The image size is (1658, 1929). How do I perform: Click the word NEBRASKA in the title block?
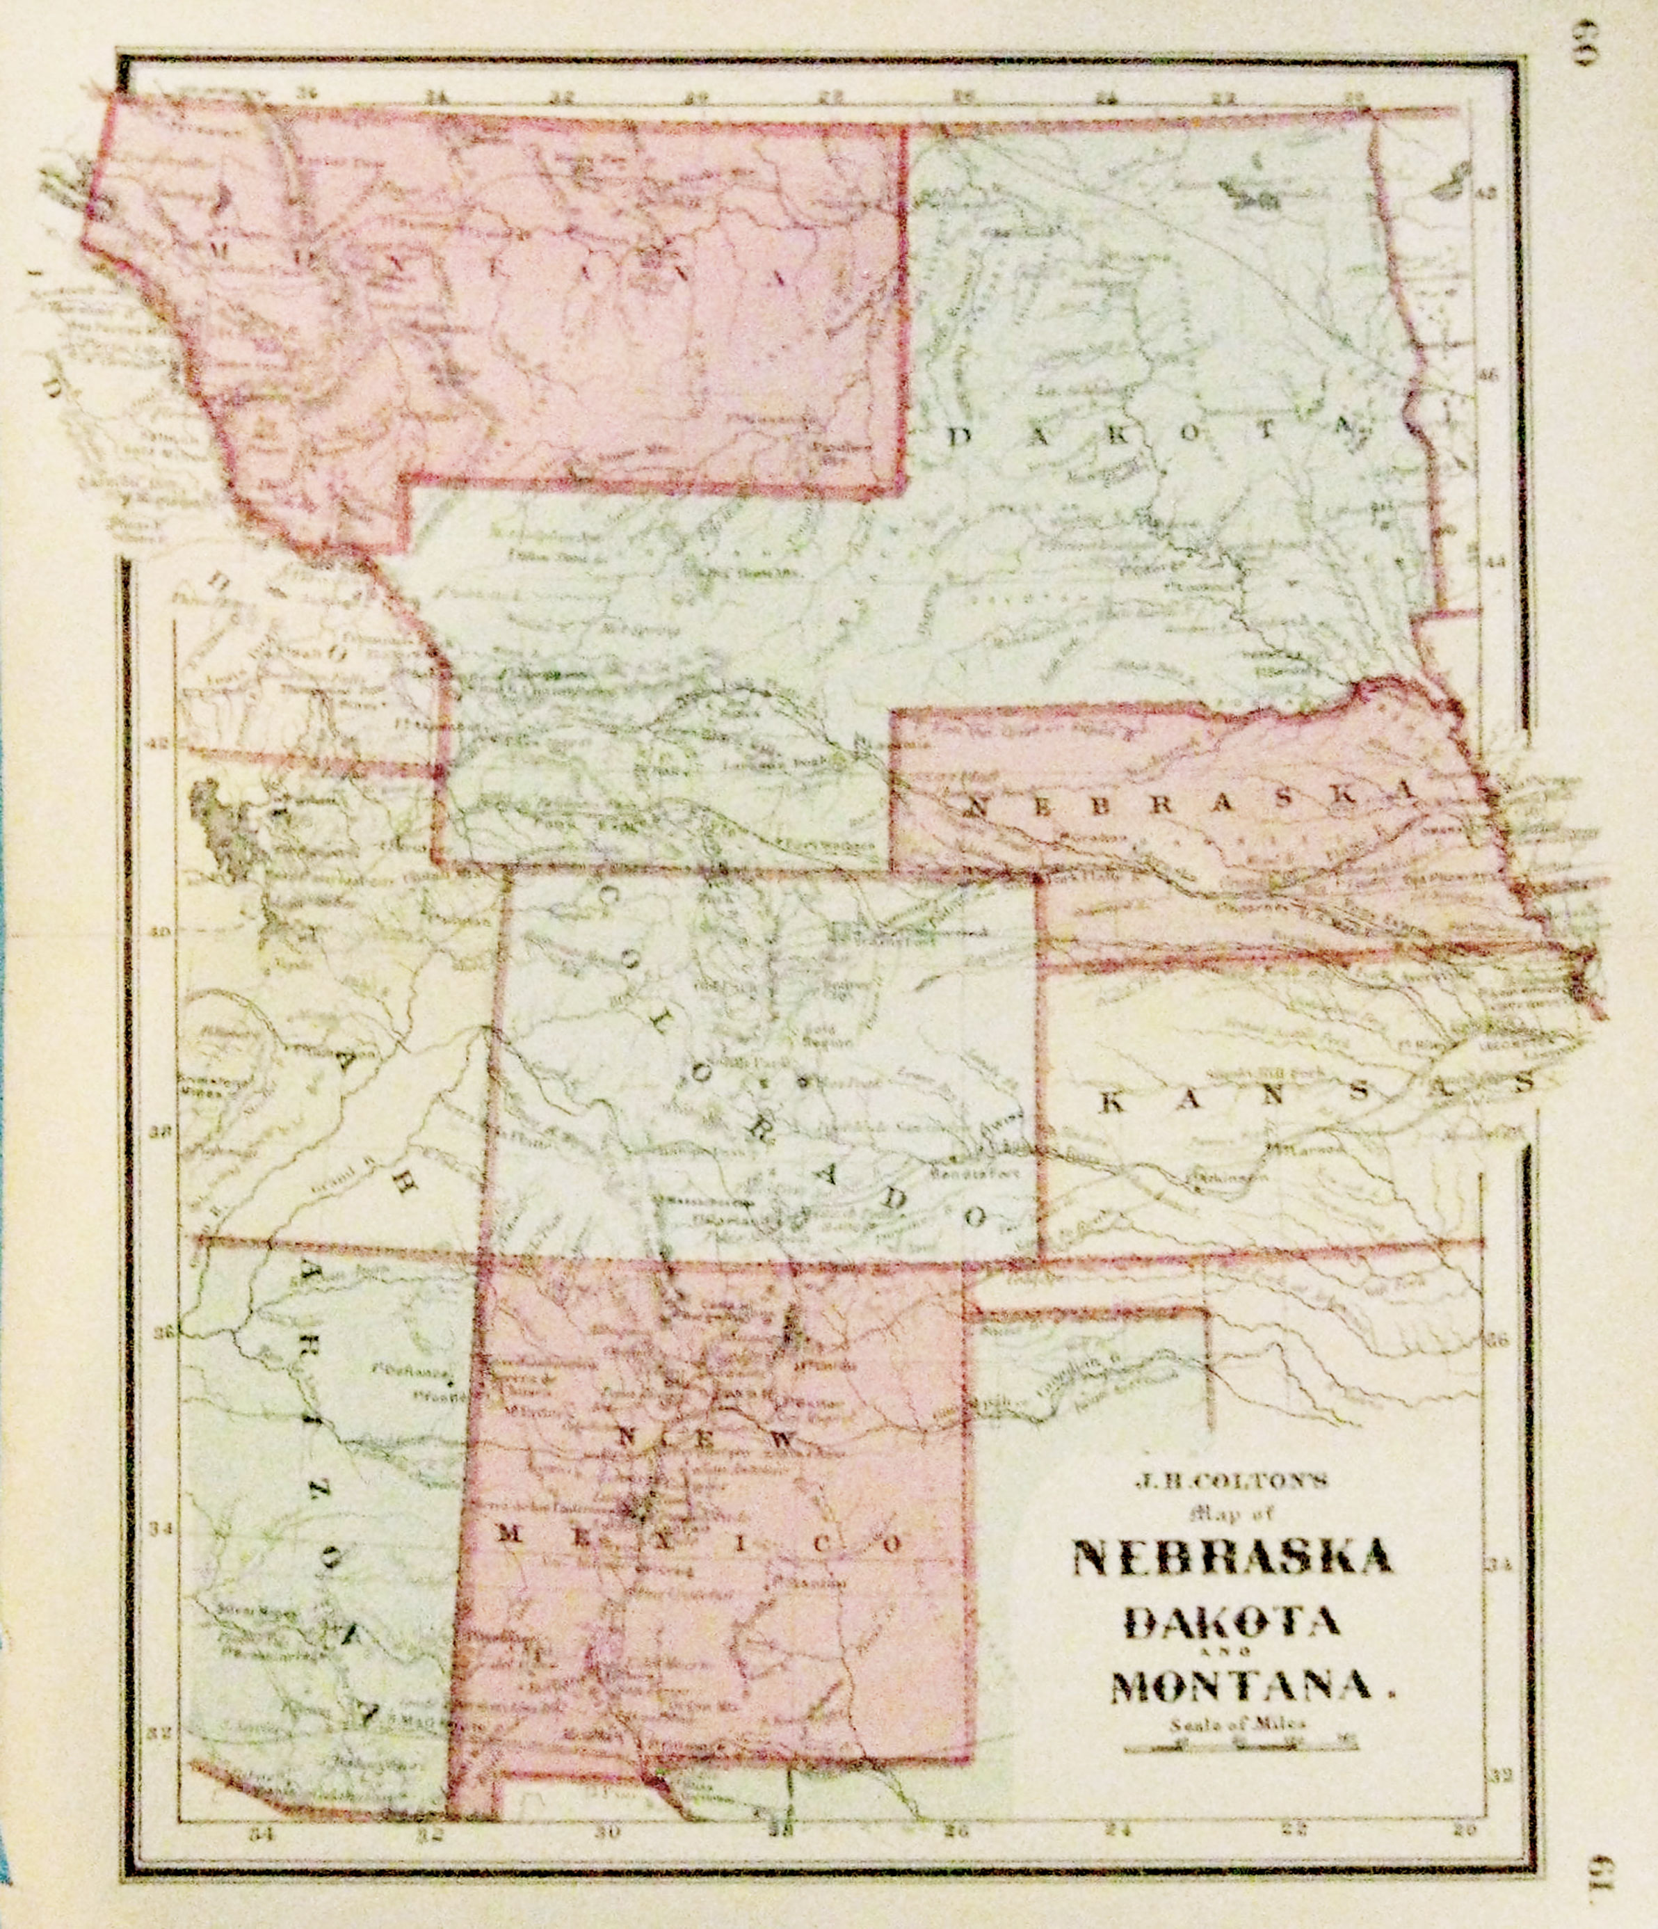point(1234,1558)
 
